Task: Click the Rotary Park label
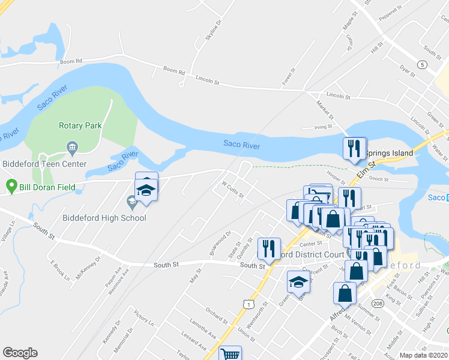tap(80, 125)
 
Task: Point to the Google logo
tap(20, 353)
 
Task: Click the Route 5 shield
tap(423, 64)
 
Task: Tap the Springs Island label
tap(390, 153)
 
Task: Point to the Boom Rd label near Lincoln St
tap(174, 70)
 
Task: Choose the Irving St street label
tap(323, 127)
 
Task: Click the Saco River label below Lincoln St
tap(241, 144)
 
